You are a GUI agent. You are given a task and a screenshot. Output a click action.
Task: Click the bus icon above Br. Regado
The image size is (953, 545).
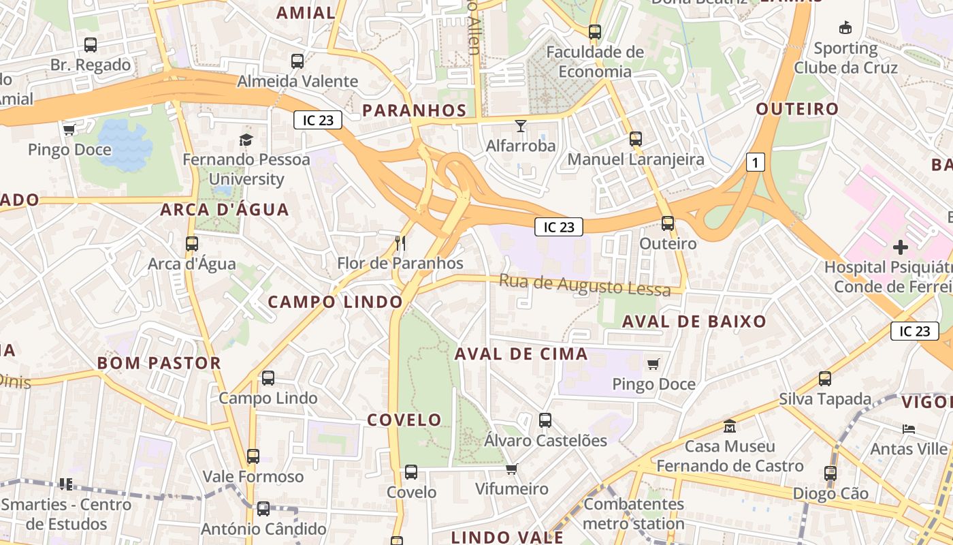(90, 45)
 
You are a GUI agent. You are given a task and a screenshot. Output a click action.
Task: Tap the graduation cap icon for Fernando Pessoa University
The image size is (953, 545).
(246, 140)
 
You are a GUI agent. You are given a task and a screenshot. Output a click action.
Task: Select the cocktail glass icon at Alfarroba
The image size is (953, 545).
(521, 126)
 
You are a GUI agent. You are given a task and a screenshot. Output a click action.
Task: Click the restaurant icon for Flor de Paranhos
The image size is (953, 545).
(400, 243)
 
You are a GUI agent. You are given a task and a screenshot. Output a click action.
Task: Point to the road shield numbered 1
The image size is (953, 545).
(755, 162)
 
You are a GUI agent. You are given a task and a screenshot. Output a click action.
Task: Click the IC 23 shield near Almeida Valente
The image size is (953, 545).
(318, 120)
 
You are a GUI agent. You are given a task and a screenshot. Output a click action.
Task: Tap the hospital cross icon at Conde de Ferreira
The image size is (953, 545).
(900, 247)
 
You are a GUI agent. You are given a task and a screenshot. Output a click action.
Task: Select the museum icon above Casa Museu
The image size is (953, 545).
(730, 426)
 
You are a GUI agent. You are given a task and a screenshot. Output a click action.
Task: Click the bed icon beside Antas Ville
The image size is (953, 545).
(908, 429)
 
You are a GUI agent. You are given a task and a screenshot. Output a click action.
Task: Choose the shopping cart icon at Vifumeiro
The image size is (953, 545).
(511, 469)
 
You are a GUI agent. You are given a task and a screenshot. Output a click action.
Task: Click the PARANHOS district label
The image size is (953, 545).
(414, 110)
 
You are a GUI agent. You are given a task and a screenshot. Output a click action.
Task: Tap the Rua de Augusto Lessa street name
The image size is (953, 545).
(585, 285)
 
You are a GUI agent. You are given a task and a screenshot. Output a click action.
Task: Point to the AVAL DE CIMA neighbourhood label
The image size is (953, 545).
(521, 354)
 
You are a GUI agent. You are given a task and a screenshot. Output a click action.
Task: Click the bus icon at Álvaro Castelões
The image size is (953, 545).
(545, 420)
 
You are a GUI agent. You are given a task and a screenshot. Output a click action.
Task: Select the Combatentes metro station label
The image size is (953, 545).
(634, 514)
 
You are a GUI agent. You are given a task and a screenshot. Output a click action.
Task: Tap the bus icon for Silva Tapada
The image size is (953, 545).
(825, 379)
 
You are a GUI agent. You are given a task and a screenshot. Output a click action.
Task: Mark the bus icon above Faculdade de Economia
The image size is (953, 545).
(595, 32)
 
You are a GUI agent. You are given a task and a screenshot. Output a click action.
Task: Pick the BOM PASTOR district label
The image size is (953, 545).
(159, 363)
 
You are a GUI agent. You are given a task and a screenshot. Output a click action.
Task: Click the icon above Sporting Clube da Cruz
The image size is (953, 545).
(845, 28)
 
